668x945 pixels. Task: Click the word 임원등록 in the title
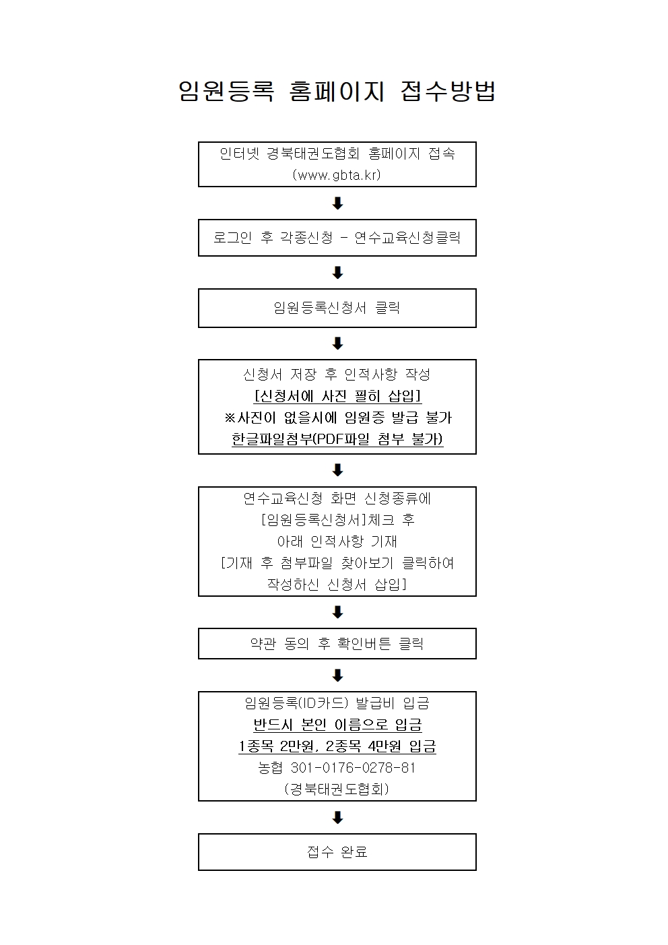click(226, 91)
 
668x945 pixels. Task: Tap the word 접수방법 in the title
click(448, 91)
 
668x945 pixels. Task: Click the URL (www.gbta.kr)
click(337, 174)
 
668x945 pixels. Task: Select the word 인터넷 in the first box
click(239, 153)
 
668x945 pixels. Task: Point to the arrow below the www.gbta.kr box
click(337, 203)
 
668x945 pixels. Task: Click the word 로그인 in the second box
click(232, 238)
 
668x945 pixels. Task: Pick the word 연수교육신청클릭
click(407, 238)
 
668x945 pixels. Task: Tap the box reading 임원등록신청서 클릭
click(337, 308)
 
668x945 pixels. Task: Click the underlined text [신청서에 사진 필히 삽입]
click(337, 396)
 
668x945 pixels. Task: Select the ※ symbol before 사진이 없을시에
click(230, 418)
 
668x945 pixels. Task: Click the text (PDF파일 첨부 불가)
click(378, 439)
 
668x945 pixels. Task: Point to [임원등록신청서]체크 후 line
click(338, 520)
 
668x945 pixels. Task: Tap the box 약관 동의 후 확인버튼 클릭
click(337, 643)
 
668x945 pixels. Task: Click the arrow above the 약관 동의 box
click(337, 612)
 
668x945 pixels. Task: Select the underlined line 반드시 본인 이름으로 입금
click(337, 724)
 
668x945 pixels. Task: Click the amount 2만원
click(297, 746)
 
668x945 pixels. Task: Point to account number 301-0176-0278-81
click(354, 767)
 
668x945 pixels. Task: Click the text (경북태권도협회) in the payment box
click(337, 789)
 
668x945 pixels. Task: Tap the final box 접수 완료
click(337, 852)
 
